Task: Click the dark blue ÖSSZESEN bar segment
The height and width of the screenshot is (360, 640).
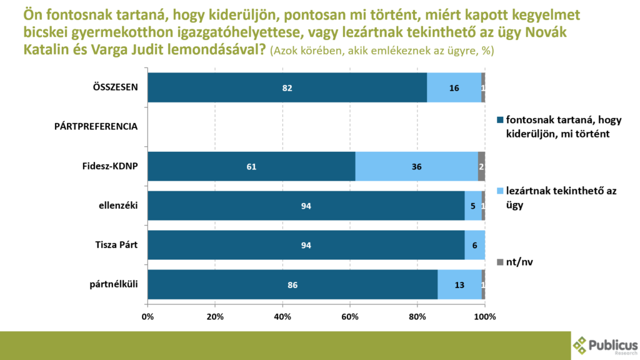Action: [287, 88]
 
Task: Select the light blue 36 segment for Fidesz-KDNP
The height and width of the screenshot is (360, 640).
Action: [416, 167]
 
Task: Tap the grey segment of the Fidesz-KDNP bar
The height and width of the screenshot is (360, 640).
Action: [481, 167]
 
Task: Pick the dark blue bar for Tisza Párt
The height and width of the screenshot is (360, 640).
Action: [306, 246]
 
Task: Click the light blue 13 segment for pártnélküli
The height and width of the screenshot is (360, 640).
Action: [459, 285]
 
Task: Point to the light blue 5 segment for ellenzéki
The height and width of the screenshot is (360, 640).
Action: [473, 206]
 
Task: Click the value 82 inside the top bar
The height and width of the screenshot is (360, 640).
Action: [287, 88]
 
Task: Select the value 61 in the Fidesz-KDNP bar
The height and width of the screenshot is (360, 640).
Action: [251, 167]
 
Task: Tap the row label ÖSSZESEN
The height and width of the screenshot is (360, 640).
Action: [111, 87]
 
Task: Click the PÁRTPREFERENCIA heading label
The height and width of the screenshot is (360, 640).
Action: [96, 126]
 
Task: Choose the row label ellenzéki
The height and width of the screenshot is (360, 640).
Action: [118, 205]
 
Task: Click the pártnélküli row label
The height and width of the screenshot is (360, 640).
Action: [115, 284]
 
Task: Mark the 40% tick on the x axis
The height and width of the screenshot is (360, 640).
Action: [282, 316]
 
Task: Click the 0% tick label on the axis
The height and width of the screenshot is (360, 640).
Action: [148, 316]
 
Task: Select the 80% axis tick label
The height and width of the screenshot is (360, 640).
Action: [417, 316]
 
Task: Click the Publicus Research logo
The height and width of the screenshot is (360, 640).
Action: [605, 346]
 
